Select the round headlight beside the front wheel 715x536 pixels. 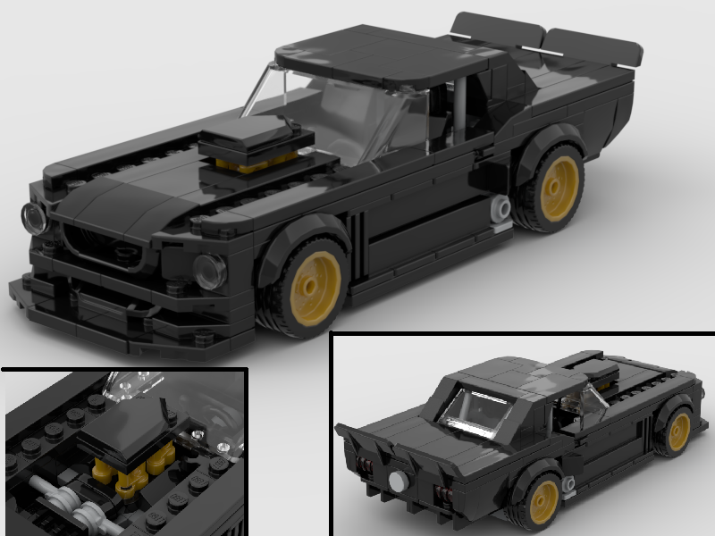(209, 270)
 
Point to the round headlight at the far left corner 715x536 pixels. (34, 217)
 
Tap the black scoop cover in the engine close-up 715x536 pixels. (125, 429)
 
